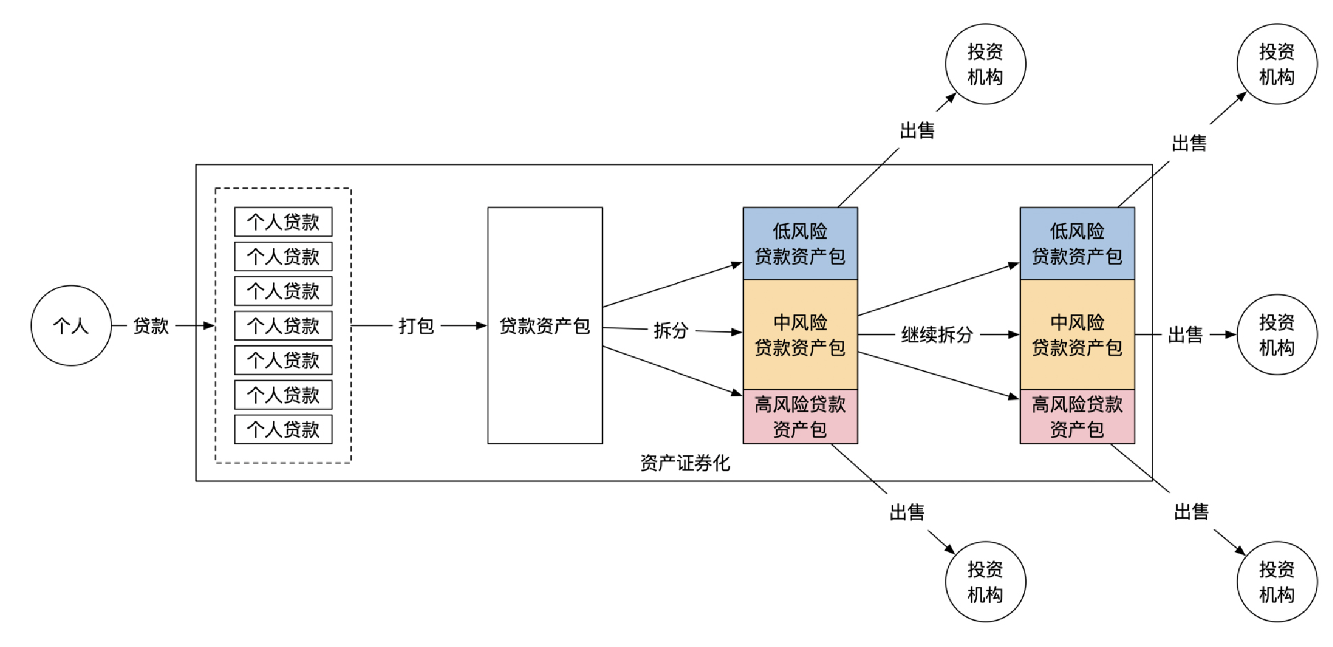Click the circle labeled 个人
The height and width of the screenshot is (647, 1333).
[71, 326]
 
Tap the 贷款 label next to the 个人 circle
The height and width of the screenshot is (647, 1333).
[151, 326]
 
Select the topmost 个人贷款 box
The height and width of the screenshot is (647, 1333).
[283, 222]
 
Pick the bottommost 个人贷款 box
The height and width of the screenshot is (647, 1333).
[283, 429]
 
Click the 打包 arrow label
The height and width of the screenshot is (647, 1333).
[416, 326]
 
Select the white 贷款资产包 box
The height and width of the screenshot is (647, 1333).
[545, 326]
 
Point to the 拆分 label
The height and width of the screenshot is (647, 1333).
[671, 330]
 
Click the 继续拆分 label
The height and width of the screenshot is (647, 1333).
[937, 335]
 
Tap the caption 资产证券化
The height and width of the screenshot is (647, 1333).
[685, 463]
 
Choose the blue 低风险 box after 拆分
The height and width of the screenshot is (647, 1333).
[800, 243]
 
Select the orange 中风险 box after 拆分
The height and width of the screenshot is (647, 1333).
[800, 335]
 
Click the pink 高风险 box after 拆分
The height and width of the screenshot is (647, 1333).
[800, 416]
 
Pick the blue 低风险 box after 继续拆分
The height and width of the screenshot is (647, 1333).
[1077, 243]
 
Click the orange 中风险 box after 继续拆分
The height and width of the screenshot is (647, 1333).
[1077, 335]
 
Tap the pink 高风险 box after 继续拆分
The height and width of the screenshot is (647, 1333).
[1077, 416]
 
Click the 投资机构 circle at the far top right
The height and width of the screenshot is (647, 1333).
[1277, 64]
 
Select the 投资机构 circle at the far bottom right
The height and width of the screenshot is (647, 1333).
[1277, 581]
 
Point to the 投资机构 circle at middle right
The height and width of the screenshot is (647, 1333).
[1277, 335]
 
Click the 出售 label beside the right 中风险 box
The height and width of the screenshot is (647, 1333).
[1185, 335]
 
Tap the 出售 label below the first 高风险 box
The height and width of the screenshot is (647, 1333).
[907, 512]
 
